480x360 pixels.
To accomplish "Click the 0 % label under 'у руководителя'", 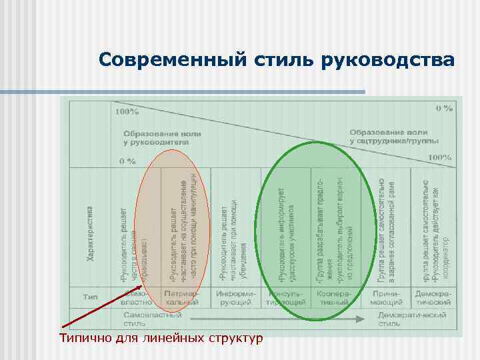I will tap(128, 161).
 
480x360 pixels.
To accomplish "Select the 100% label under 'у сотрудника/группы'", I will tap(439, 157).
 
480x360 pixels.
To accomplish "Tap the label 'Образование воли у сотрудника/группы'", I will tap(393, 136).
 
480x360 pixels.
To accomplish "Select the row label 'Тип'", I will tap(91, 298).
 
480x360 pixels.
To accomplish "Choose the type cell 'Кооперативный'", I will tap(334, 298).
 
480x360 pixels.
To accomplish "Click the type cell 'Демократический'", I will tap(433, 298).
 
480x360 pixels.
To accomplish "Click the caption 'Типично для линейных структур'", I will tap(160, 339).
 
